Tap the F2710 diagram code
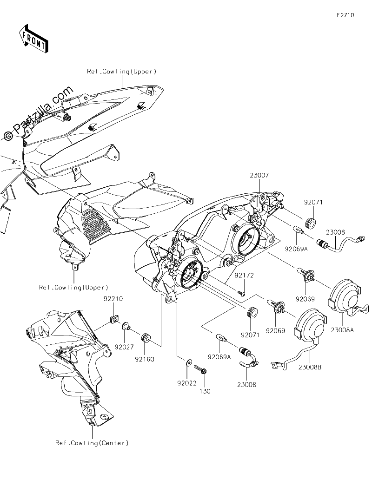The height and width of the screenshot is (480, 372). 345,15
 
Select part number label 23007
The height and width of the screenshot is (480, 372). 259,175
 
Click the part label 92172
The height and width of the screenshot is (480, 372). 244,276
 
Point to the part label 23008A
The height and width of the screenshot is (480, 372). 342,330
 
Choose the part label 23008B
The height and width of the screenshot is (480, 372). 310,367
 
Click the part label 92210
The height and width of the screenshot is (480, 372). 113,299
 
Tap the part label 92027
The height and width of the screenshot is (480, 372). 125,347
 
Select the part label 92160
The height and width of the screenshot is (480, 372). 144,359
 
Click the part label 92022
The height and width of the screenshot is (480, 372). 186,383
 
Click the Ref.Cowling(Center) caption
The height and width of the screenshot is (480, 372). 92,443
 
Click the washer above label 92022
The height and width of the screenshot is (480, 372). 188,363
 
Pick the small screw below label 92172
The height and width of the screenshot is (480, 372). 242,293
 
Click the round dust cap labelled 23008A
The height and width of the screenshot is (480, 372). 344,296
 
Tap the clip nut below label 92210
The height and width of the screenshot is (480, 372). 114,319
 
